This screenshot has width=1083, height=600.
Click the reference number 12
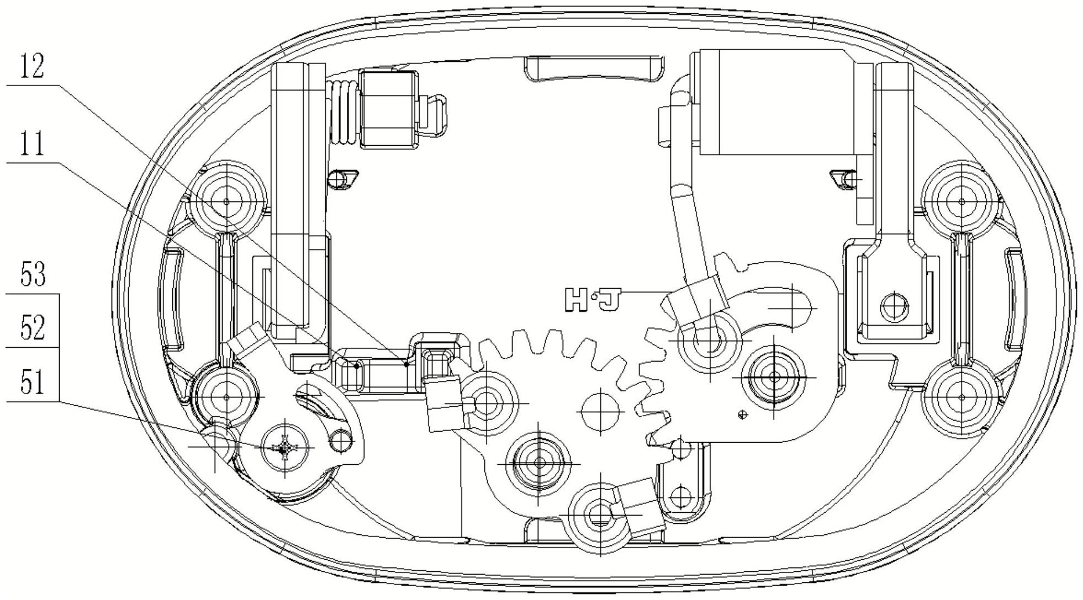pyautogui.click(x=31, y=67)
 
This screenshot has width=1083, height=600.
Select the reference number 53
pyautogui.click(x=32, y=275)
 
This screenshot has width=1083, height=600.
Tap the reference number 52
pyautogui.click(x=32, y=328)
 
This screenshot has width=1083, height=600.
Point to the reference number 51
pyautogui.click(x=32, y=382)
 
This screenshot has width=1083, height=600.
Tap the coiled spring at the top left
pyautogui.click(x=344, y=113)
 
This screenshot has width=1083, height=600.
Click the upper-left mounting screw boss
pyautogui.click(x=226, y=201)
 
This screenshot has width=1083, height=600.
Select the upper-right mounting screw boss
pyautogui.click(x=962, y=201)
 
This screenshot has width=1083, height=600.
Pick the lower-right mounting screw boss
pyautogui.click(x=962, y=397)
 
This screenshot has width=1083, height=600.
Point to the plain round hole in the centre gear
pyautogui.click(x=600, y=411)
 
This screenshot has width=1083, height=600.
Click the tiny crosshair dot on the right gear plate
pyautogui.click(x=743, y=415)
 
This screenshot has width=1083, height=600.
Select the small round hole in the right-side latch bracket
pyautogui.click(x=894, y=306)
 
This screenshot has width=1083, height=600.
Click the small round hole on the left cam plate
pyautogui.click(x=341, y=440)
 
